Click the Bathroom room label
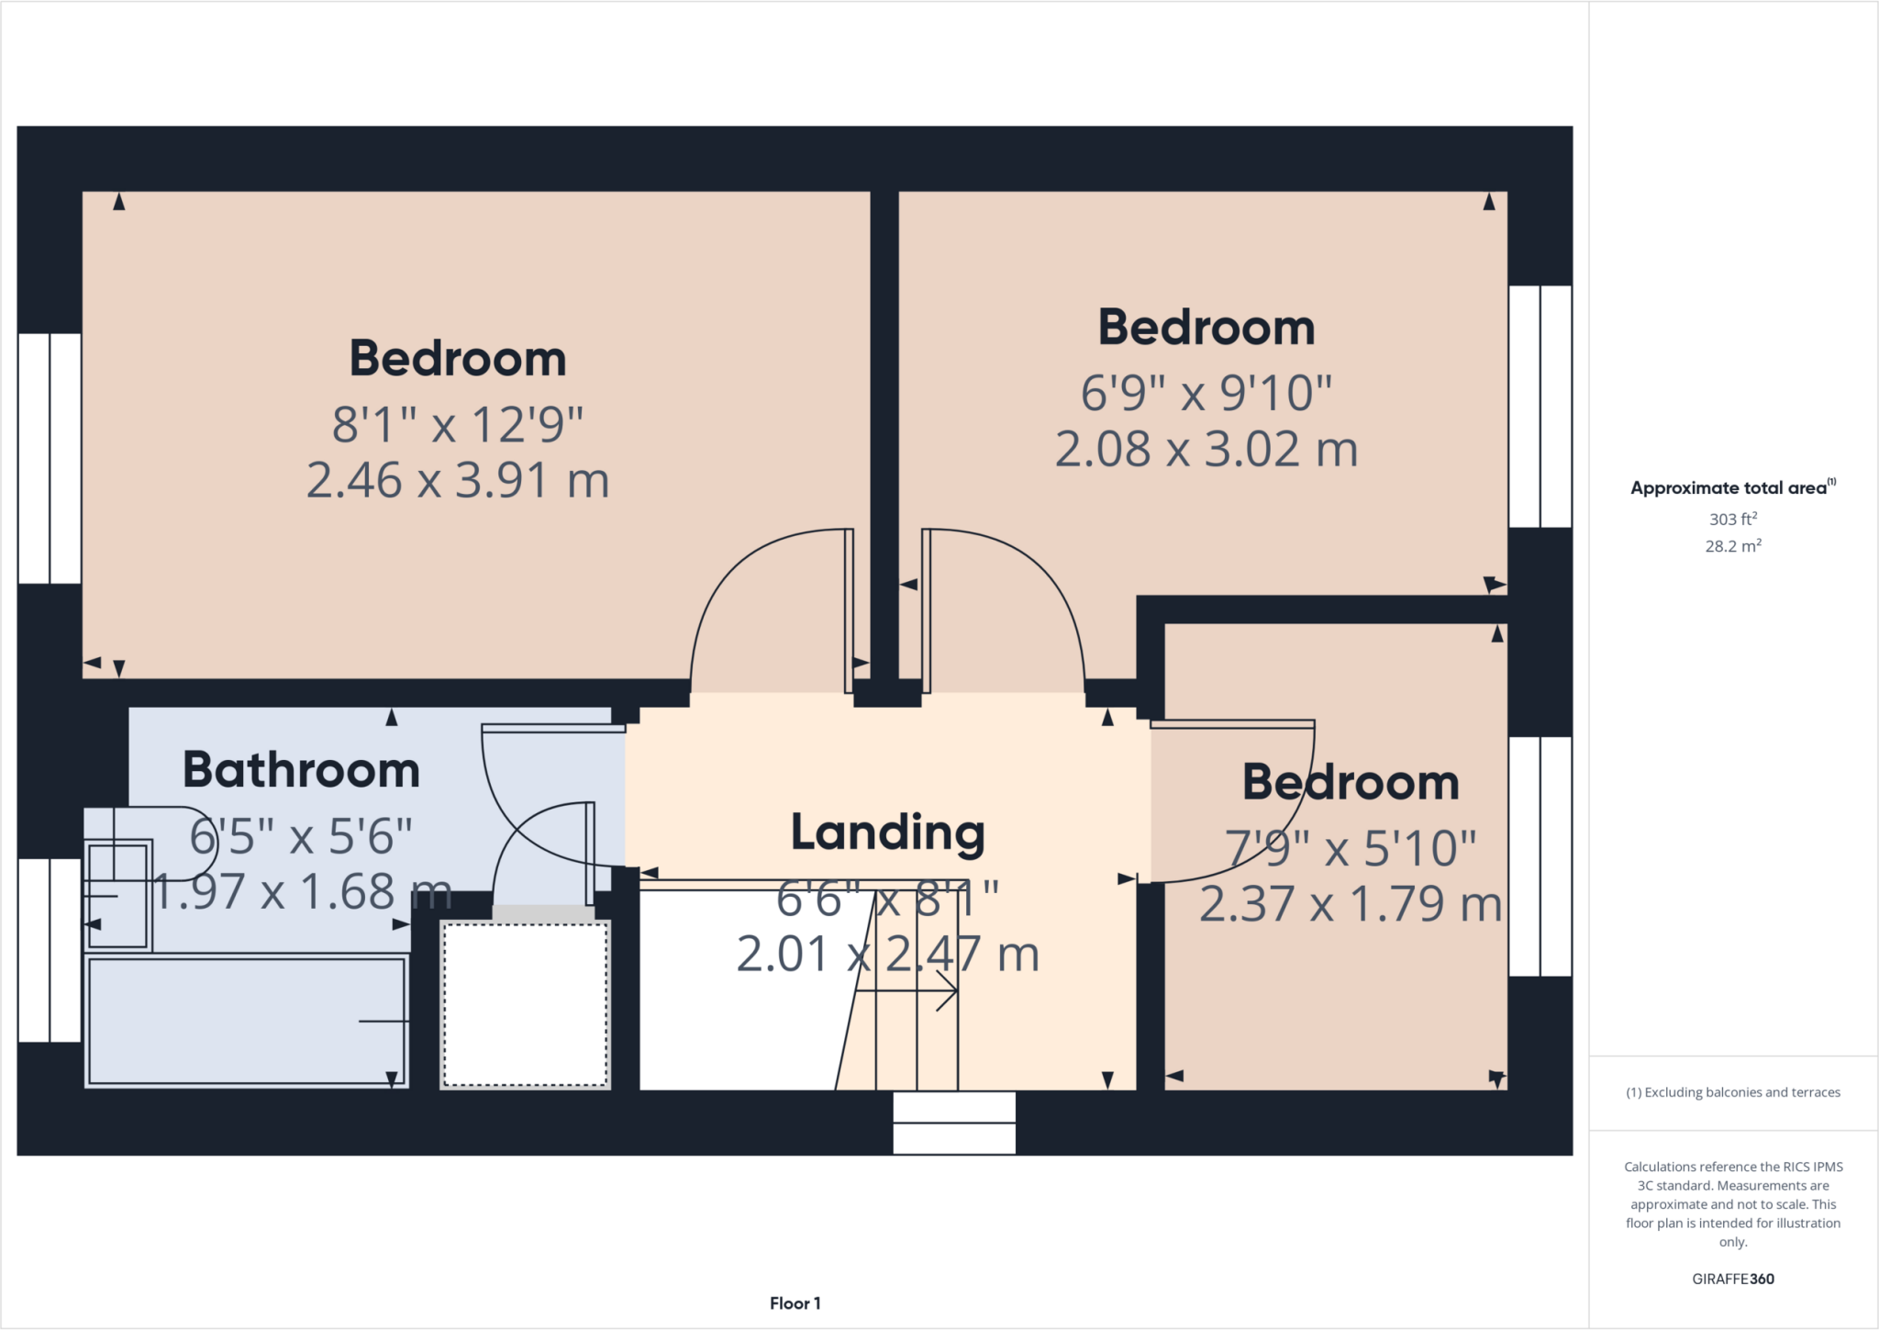point(301,770)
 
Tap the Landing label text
point(887,833)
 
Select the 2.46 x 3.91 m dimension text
point(457,481)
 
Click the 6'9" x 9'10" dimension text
point(1206,393)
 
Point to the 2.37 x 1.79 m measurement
point(1350,905)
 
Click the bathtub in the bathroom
point(246,1021)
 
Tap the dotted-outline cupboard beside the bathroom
point(525,1005)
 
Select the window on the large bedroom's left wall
point(50,458)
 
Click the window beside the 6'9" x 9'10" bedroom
point(1540,406)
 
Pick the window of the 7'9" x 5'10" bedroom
point(1540,855)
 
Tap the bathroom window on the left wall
point(50,950)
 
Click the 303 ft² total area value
point(1732,520)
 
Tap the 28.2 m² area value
point(1732,546)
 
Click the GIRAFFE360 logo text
point(1732,1279)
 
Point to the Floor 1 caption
point(795,1303)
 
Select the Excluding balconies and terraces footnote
point(1732,1092)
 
